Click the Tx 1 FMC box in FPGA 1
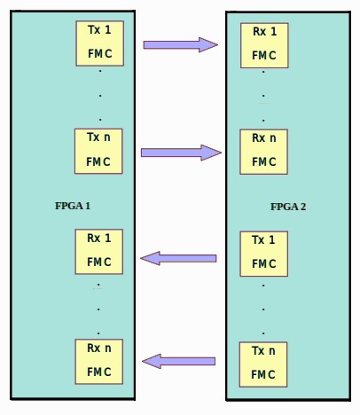[100, 43]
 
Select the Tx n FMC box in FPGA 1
[98, 151]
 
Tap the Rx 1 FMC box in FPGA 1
[99, 252]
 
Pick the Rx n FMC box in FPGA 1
[99, 362]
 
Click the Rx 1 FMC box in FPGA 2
[264, 45]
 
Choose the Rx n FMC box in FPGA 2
[263, 152]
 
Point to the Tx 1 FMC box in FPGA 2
[264, 254]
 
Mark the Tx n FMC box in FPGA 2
[263, 364]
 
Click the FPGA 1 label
[73, 206]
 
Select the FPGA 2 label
[288, 207]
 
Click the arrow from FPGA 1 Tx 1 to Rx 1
[181, 44]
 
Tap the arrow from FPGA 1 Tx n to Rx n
[181, 153]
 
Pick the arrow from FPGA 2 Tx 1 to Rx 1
[178, 258]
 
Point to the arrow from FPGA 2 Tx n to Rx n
[178, 361]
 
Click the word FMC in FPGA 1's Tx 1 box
[100, 54]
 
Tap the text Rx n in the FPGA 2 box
[264, 138]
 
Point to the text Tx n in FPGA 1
[98, 137]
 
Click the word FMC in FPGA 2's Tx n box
[263, 375]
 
